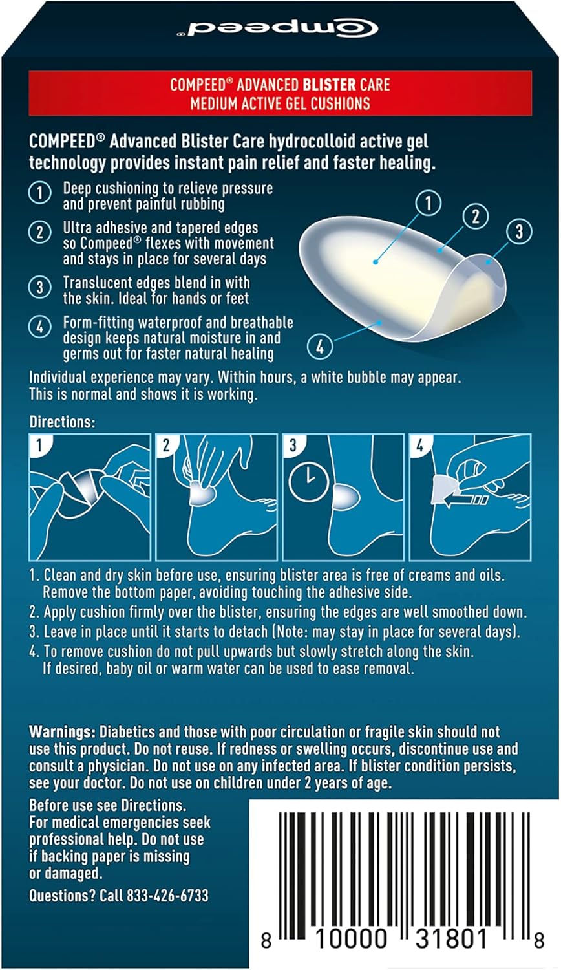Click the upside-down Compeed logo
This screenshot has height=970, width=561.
coord(277,28)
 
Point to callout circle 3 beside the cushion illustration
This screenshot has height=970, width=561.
coord(518,232)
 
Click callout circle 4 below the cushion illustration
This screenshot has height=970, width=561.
coord(320,347)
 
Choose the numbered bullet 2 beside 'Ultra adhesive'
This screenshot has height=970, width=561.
coord(40,232)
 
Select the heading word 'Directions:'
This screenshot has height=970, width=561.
coord(62,422)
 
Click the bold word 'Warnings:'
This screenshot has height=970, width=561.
coord(62,732)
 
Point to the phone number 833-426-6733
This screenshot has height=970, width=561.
coord(167,895)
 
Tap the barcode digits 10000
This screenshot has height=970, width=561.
coord(350,938)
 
